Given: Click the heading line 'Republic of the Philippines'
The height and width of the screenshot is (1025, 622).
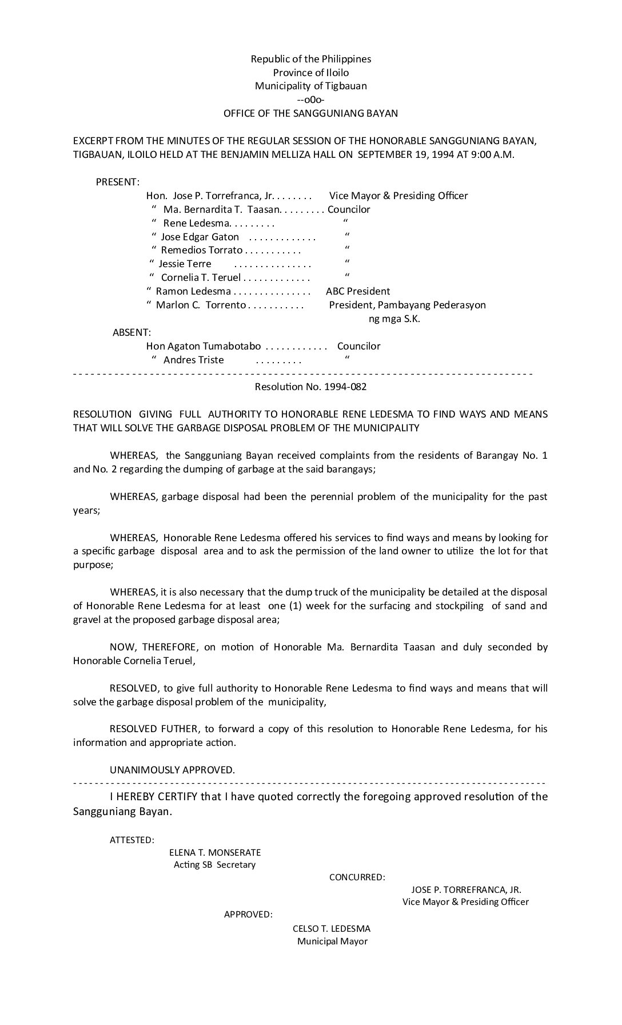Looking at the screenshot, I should click(310, 59).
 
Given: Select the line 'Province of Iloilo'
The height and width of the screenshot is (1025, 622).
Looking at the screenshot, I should click(310, 73).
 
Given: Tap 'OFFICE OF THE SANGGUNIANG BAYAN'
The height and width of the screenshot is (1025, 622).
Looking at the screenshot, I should click(310, 113).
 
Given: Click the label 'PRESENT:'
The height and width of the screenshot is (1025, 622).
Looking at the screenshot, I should click(117, 182).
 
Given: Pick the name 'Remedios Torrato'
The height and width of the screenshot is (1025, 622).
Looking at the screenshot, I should click(201, 250).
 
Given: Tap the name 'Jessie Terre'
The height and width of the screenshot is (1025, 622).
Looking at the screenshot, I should click(185, 264).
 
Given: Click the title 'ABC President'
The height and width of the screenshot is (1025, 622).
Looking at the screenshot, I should click(358, 291).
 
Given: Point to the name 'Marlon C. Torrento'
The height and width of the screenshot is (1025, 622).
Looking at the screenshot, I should click(201, 305).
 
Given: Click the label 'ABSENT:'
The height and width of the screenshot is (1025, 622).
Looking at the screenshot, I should click(131, 332).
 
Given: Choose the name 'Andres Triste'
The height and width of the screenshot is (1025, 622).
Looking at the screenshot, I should click(193, 360).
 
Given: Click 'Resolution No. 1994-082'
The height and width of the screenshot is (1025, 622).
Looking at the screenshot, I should click(310, 387).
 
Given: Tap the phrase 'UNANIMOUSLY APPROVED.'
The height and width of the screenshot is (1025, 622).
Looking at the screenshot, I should click(172, 769).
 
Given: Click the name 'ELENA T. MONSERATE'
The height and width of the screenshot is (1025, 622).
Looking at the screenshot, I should click(214, 852).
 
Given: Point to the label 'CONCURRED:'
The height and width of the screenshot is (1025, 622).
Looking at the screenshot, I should click(357, 877).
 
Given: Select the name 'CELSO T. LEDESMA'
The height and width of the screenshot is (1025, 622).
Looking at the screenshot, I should click(332, 928).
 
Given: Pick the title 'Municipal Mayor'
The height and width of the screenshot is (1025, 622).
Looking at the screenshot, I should click(332, 941).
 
